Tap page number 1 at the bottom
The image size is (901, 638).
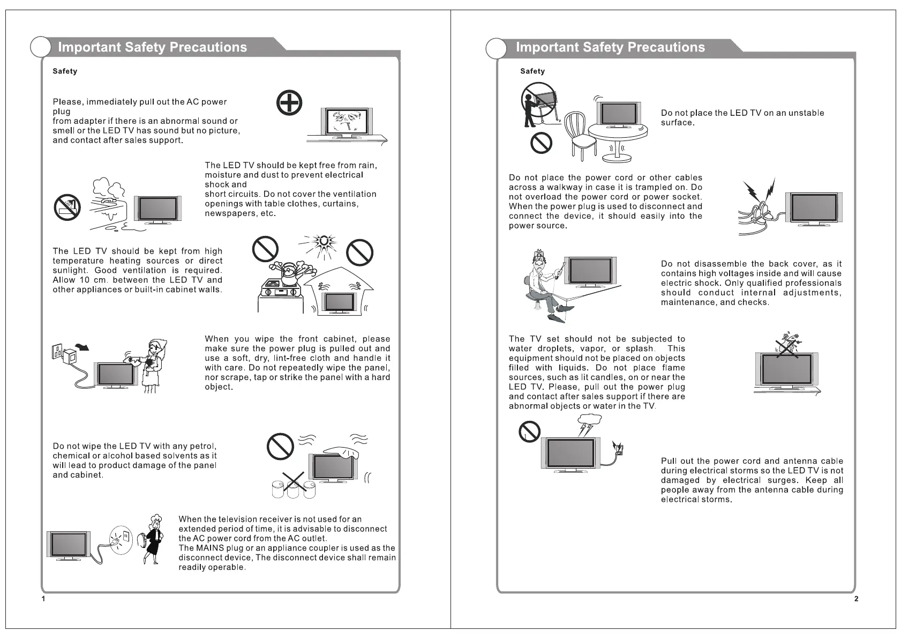43,598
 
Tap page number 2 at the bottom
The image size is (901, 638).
856,598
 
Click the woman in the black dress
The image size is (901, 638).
154,539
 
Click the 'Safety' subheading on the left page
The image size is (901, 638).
65,71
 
